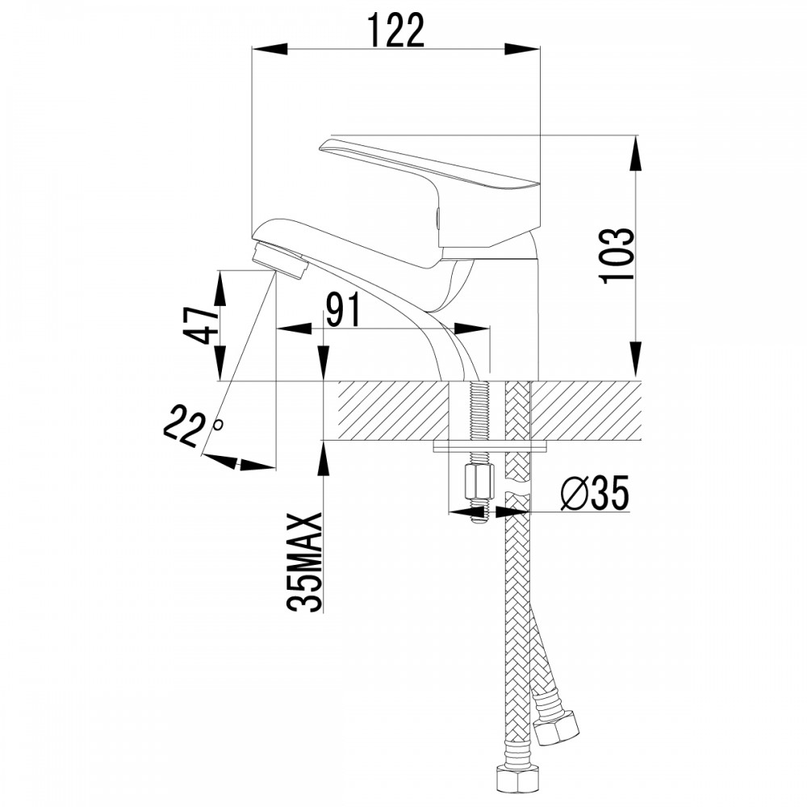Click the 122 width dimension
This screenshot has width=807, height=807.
[396, 31]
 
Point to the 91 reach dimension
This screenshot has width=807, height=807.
[343, 312]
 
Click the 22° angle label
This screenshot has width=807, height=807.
[190, 425]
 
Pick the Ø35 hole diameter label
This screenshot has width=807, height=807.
[595, 493]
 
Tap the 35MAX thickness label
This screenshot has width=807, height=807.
[305, 562]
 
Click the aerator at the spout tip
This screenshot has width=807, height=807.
[281, 262]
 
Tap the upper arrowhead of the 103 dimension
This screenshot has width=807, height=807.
[636, 153]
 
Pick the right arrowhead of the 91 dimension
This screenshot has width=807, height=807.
[470, 329]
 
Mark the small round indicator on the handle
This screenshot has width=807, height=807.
[438, 218]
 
